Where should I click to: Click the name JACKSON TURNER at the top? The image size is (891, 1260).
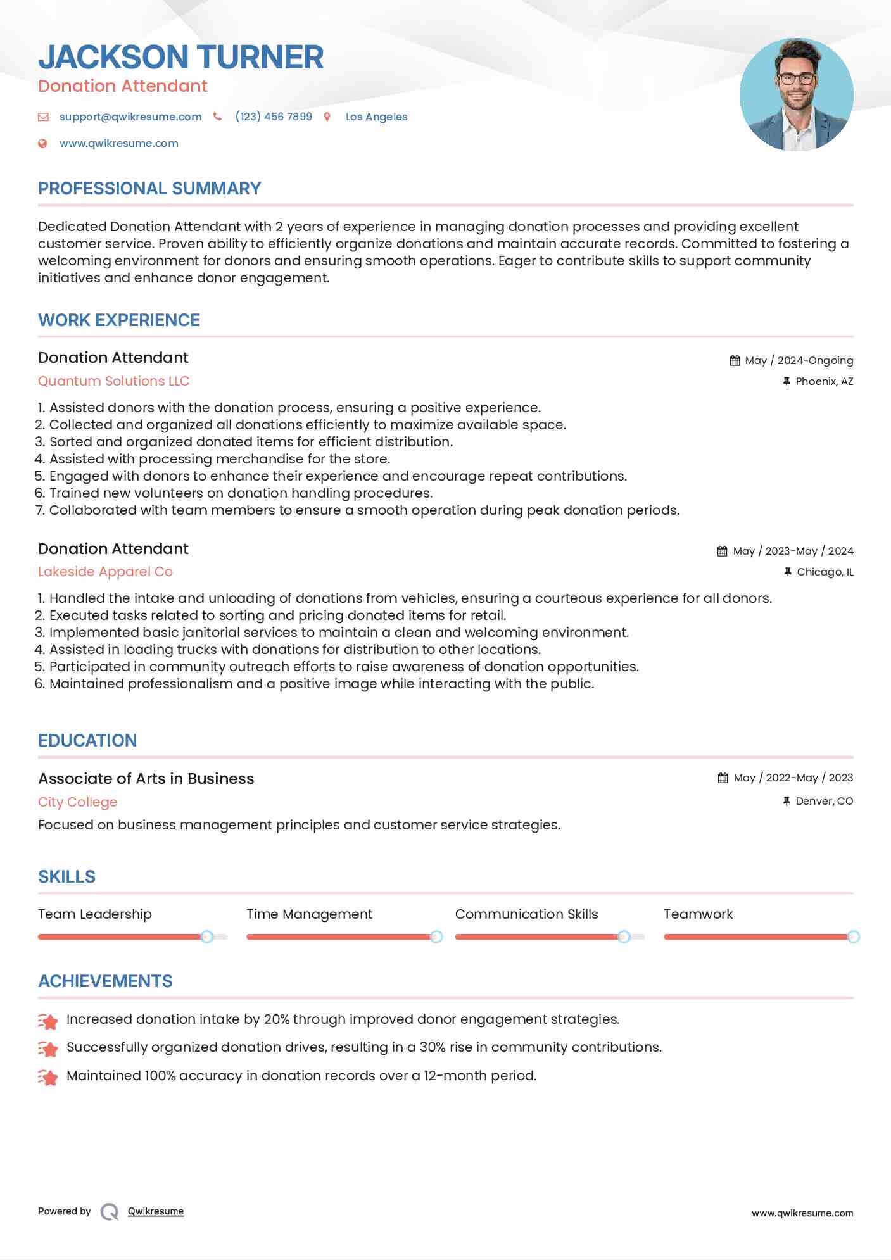pos(180,57)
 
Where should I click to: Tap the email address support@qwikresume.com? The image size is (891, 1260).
pos(130,117)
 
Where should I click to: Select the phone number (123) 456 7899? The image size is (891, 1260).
pos(274,117)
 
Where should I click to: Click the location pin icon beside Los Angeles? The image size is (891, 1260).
pos(327,117)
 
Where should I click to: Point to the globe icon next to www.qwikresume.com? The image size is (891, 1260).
pos(42,143)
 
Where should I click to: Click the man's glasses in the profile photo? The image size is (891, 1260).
pos(796,79)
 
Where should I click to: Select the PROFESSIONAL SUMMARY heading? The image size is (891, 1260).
pos(149,189)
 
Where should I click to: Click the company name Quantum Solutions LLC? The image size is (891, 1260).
pos(114,381)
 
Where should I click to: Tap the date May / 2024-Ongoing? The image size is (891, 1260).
pos(799,360)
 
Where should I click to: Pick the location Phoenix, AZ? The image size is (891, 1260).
pos(824,381)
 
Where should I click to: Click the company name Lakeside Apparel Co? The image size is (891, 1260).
pos(105,572)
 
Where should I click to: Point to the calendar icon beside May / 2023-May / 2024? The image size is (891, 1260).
pos(722,551)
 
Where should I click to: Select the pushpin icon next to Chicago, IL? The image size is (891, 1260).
pos(787,572)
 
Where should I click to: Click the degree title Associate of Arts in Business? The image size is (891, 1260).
pos(146,779)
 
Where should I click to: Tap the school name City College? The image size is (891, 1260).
pos(77,802)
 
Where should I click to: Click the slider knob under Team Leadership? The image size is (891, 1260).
pos(206,936)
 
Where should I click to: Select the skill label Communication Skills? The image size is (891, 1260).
pos(526,914)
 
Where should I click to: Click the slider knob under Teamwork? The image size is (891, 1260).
pos(853,936)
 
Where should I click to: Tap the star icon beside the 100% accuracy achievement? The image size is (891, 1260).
pos(48,1077)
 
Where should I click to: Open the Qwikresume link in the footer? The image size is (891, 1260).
pos(156,1211)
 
